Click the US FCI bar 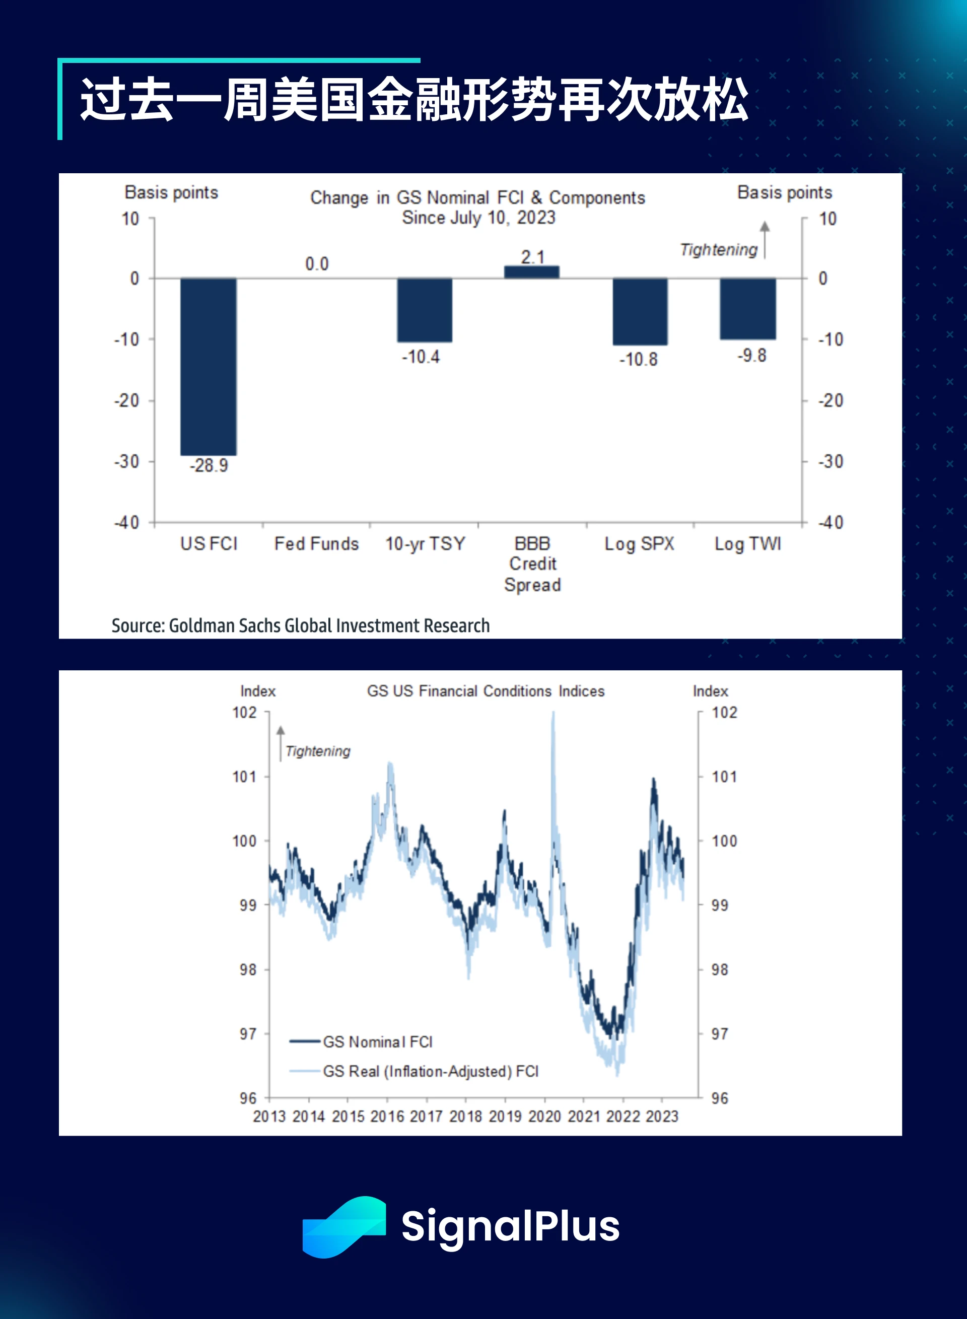click(209, 366)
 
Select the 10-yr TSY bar click(425, 310)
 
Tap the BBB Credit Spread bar click(531, 272)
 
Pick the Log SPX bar click(640, 311)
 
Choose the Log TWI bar click(747, 308)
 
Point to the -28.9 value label click(209, 466)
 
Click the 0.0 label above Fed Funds click(317, 264)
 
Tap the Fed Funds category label click(316, 543)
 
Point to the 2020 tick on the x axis click(544, 1117)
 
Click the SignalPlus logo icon click(343, 1226)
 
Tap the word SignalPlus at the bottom click(510, 1226)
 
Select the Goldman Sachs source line click(300, 626)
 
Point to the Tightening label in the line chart click(318, 751)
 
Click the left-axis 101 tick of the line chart click(245, 777)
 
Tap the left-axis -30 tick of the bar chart click(126, 461)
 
